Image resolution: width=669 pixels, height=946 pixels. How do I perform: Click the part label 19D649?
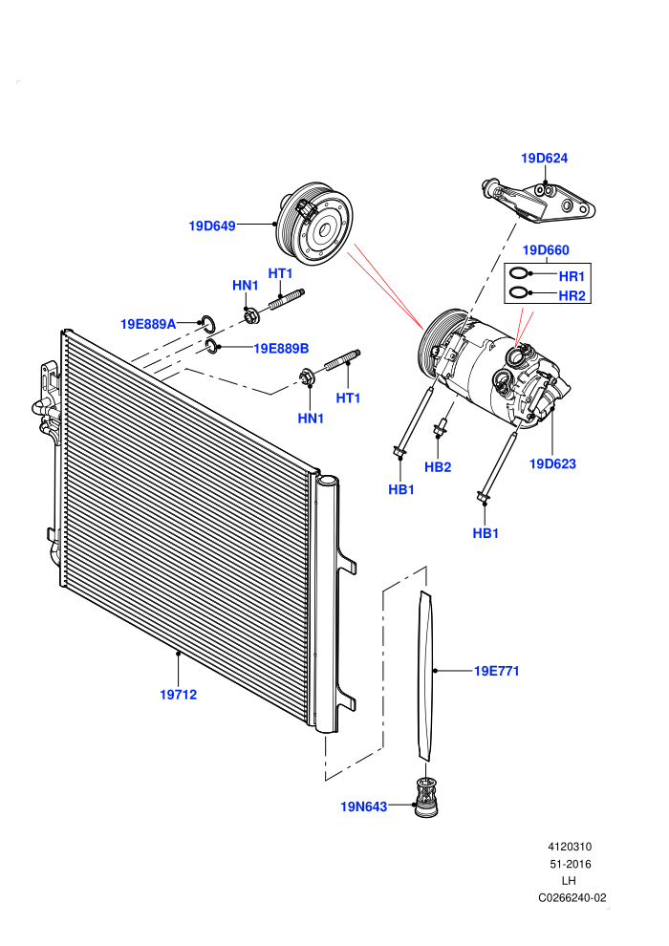pos(212,226)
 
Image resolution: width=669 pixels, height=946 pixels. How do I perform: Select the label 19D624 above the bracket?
pos(544,158)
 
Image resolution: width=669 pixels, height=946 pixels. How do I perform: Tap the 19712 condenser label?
pos(178,695)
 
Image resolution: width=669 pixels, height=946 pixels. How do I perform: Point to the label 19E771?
pos(496,671)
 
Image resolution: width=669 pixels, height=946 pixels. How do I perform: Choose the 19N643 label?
pos(364,806)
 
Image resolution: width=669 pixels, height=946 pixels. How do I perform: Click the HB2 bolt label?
pos(438,467)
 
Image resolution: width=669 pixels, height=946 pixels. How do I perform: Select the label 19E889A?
pos(148,324)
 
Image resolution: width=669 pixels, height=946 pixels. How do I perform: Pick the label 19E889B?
pos(281,348)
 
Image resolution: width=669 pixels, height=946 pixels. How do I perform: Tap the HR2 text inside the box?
pos(572,295)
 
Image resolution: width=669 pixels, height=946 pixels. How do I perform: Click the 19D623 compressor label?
pos(552,464)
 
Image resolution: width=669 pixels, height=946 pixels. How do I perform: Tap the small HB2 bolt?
pos(441,424)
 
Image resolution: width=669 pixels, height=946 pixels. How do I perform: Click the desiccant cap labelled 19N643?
pos(426,798)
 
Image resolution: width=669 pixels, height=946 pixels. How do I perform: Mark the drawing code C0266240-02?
pos(572,897)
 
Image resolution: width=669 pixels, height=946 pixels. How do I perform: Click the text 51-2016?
pos(570,864)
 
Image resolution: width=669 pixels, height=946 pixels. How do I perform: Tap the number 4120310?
pos(570,847)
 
